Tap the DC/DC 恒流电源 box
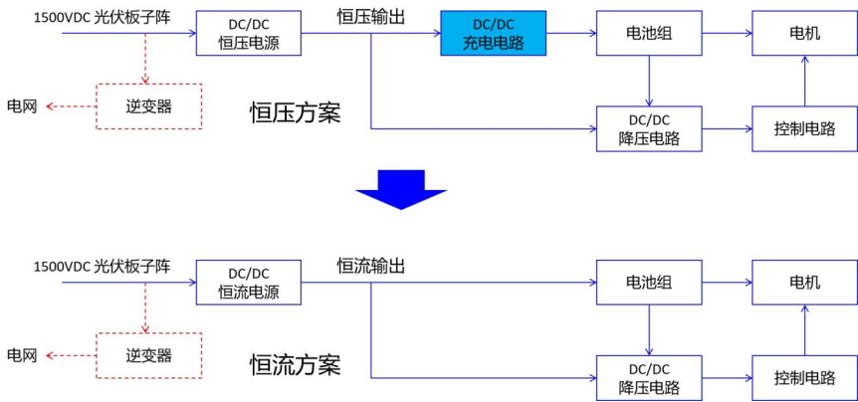tap(248, 283)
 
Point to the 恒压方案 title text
tap(295, 113)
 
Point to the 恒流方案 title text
tap(295, 365)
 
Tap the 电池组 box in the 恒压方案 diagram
tap(649, 33)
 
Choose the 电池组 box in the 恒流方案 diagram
tap(649, 283)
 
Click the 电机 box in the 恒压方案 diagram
tap(804, 33)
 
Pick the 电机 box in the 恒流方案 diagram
tap(804, 283)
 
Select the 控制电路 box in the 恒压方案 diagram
tap(804, 128)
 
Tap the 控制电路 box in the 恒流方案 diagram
tap(804, 378)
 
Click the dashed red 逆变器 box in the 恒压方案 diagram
tap(148, 105)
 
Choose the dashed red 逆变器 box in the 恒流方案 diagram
tap(148, 355)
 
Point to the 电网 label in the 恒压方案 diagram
tap(22, 105)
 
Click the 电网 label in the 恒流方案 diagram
tap(22, 355)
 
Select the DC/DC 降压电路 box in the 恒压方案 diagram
tap(649, 128)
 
